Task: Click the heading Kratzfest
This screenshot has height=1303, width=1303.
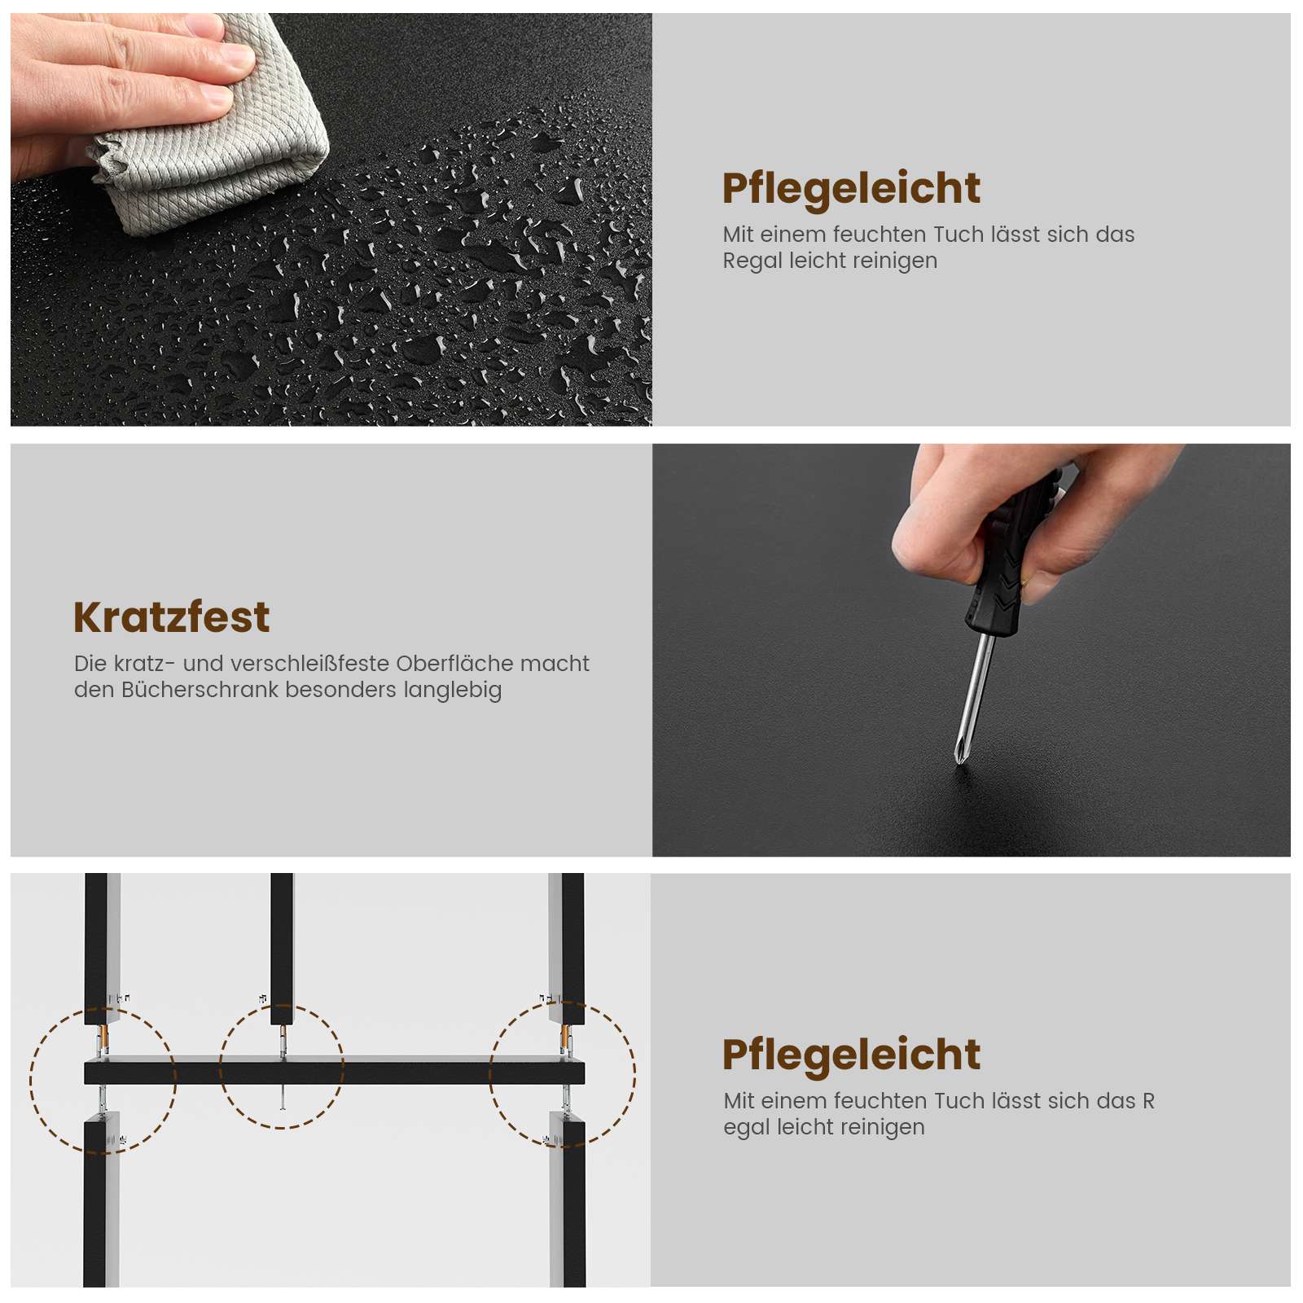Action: (171, 616)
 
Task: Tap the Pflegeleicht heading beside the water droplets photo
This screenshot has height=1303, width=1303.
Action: (851, 189)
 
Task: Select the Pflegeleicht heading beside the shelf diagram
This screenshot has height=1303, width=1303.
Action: (851, 1055)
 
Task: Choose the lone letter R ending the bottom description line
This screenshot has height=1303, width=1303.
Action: (1148, 1101)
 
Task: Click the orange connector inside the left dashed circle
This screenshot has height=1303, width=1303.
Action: (102, 1039)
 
